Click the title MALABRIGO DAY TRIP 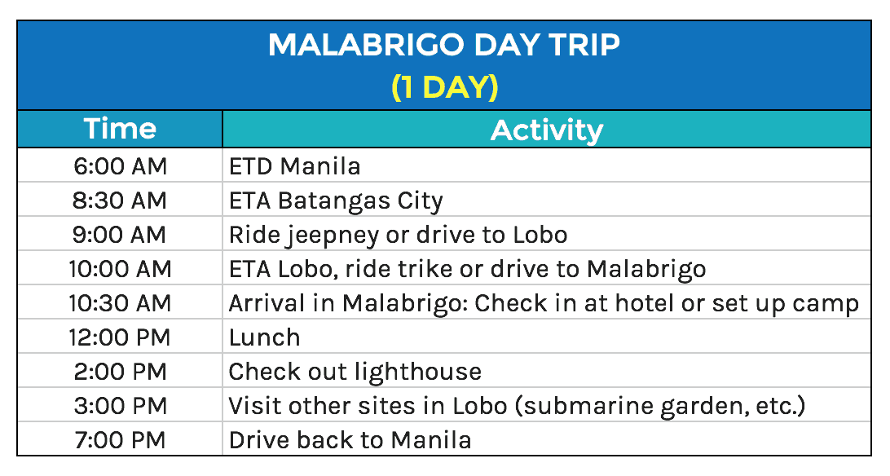444,45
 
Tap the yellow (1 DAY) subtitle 444,86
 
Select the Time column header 120,130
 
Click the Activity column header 546,130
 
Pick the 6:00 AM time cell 120,166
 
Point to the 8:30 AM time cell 120,201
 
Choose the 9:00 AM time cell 120,235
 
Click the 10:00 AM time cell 120,269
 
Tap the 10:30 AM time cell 120,303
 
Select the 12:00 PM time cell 120,337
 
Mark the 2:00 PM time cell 120,372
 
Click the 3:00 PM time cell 120,406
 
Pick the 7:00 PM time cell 120,440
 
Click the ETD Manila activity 295,166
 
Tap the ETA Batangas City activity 336,201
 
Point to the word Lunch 264,337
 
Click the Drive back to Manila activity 350,440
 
